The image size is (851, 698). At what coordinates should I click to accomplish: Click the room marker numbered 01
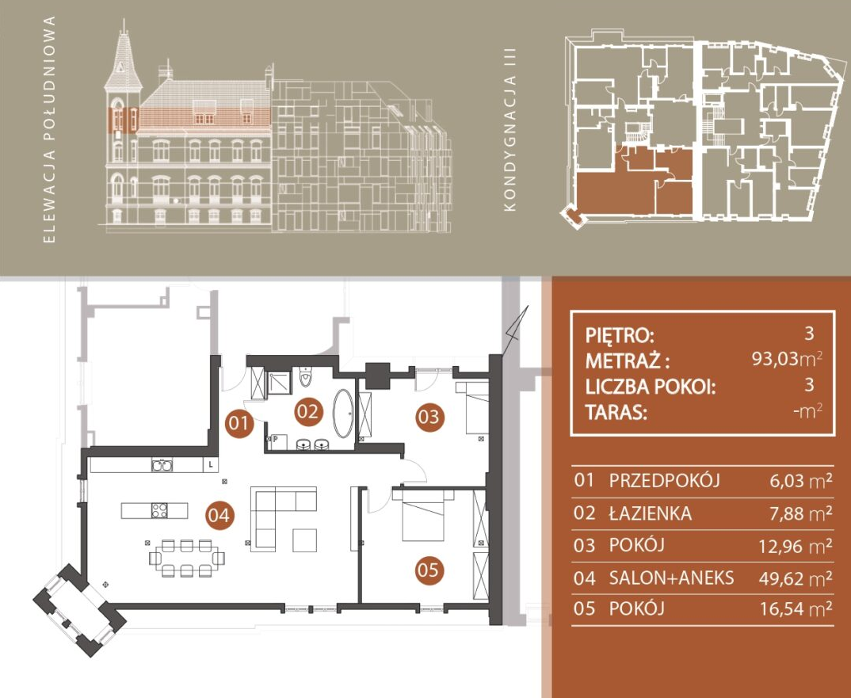[239, 423]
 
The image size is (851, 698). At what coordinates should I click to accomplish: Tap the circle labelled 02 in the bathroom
[308, 412]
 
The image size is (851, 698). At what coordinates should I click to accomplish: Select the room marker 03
[429, 417]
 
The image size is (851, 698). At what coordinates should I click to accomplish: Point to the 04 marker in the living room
[219, 515]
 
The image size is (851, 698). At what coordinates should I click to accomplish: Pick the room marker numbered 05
[429, 570]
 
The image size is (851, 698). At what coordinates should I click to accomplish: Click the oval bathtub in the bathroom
[342, 414]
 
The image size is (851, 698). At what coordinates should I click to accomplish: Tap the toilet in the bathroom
[306, 376]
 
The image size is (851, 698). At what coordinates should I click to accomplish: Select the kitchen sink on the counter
[162, 465]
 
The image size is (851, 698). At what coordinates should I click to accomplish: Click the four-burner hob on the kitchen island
[159, 511]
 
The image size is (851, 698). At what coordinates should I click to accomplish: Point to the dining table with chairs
[187, 558]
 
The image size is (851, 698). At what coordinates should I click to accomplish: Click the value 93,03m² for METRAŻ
[786, 359]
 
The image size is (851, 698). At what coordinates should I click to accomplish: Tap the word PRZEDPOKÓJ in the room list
[664, 481]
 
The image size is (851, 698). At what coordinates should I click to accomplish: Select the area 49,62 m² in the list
[795, 578]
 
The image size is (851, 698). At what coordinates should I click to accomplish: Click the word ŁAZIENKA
[651, 513]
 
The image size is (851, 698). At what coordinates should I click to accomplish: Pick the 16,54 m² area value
[796, 609]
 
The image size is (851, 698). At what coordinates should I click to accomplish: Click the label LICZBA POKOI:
[651, 387]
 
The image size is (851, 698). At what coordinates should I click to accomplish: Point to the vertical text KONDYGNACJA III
[509, 130]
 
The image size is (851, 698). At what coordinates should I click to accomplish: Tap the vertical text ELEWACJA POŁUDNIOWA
[49, 129]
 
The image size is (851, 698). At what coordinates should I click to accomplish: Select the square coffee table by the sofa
[304, 540]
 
